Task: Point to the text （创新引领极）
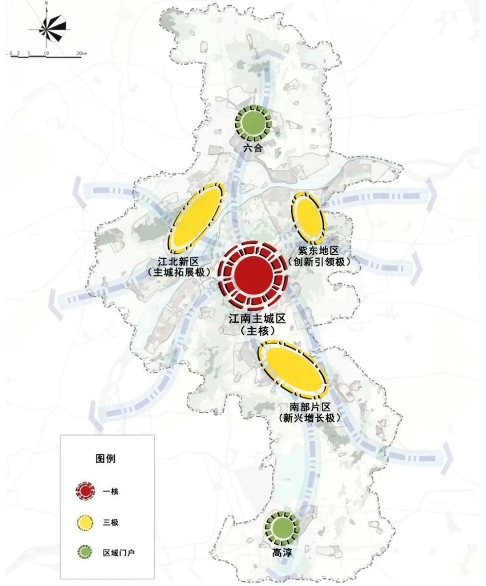[x=319, y=261]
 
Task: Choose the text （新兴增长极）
[x=309, y=418]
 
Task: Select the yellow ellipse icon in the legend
[x=85, y=522]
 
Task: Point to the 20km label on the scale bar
[x=82, y=52]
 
